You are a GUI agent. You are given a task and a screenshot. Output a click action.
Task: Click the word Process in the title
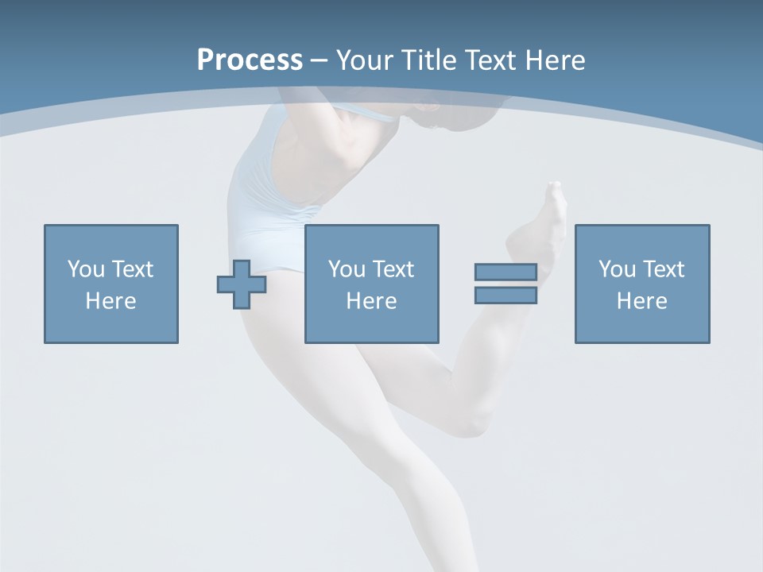250,60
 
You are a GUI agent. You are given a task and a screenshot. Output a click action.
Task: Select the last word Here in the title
554,60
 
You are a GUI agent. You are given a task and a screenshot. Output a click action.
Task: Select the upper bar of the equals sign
505,272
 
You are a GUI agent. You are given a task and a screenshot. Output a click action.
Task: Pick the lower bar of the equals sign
505,296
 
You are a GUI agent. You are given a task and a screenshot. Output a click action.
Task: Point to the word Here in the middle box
371,301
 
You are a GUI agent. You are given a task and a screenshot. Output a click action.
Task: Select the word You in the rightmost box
617,269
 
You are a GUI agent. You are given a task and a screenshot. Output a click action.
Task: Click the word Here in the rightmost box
641,301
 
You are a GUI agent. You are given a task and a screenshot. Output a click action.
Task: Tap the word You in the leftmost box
86,269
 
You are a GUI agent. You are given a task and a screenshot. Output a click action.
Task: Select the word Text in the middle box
393,269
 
